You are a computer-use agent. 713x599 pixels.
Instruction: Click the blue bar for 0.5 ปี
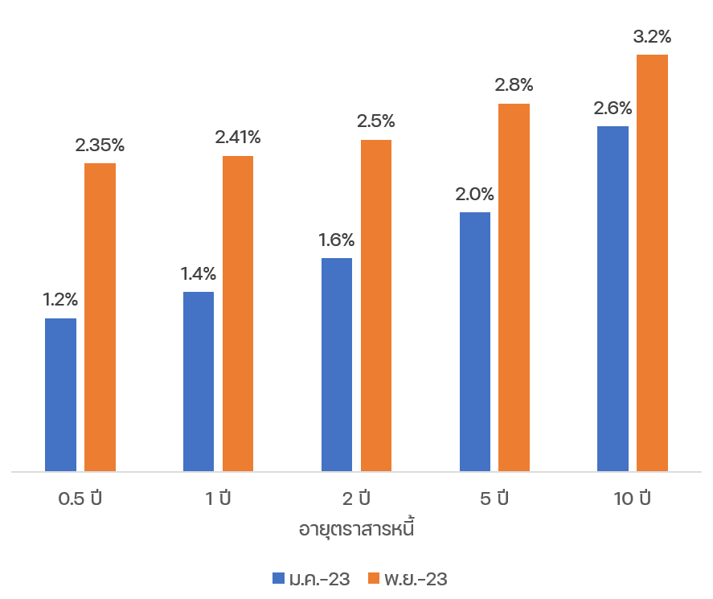pos(60,394)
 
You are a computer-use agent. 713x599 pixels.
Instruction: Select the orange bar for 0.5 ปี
pos(100,317)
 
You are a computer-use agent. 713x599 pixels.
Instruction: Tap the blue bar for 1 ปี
pos(199,381)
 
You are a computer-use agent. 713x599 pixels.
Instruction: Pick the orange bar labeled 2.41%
pos(238,313)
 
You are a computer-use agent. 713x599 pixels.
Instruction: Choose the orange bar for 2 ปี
pos(376,305)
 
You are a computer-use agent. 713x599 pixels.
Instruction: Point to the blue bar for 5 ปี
pos(475,341)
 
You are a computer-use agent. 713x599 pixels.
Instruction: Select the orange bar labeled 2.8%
pos(514,287)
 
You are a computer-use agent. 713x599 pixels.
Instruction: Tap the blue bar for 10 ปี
pos(613,298)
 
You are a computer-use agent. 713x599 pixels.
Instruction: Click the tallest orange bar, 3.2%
pos(653,262)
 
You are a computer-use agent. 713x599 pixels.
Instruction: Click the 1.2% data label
pos(60,300)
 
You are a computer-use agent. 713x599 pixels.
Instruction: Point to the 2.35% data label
pos(100,146)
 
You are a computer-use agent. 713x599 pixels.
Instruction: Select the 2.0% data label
pos(475,194)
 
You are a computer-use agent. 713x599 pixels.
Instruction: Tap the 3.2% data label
pos(653,37)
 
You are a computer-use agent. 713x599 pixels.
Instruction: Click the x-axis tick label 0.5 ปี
pos(80,498)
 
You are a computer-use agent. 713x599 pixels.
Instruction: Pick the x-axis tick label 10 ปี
pos(633,498)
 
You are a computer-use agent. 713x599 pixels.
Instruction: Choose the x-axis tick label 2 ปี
pos(356,498)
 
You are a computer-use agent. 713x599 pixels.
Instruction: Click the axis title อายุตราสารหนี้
pos(356,529)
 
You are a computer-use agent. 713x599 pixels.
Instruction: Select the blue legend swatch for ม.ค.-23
pos(279,579)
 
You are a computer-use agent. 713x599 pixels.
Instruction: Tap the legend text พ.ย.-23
pos(415,579)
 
